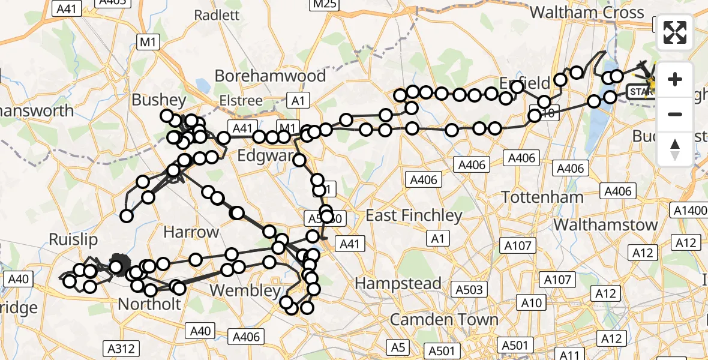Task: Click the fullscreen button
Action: [x=675, y=32]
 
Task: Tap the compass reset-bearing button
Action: [x=675, y=149]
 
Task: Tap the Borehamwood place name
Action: [x=270, y=76]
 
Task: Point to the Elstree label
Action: [x=241, y=100]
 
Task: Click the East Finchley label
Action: [x=414, y=215]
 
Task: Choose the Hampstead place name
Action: [x=398, y=283]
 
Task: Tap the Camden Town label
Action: [x=444, y=319]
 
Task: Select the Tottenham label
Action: [x=542, y=197]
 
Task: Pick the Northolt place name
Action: [x=149, y=304]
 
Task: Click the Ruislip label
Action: [x=73, y=240]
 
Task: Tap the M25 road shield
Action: [x=324, y=5]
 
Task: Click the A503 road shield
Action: [x=469, y=290]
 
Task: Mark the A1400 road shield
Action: [x=690, y=211]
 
